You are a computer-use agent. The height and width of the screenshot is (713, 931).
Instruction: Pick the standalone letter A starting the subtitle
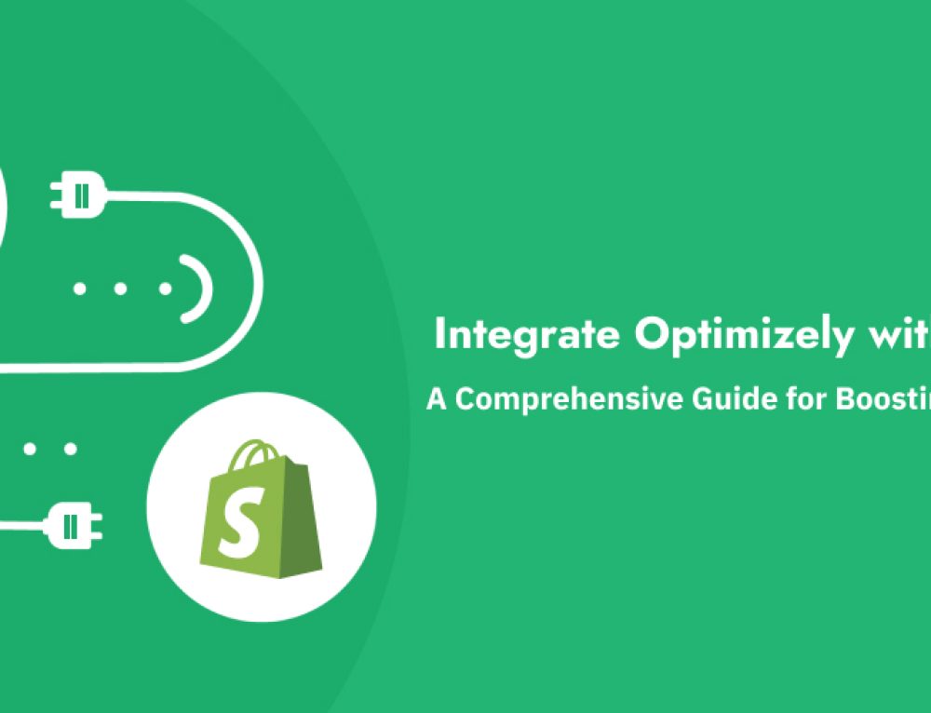(x=437, y=399)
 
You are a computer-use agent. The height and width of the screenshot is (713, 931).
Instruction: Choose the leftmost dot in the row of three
(x=80, y=289)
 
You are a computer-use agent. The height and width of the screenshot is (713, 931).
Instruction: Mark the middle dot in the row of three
(x=121, y=289)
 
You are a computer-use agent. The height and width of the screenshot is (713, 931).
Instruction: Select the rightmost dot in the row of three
(x=165, y=289)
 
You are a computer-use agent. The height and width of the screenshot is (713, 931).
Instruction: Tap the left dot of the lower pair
(x=30, y=449)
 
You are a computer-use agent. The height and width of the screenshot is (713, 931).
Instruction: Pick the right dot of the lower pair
(x=71, y=449)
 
